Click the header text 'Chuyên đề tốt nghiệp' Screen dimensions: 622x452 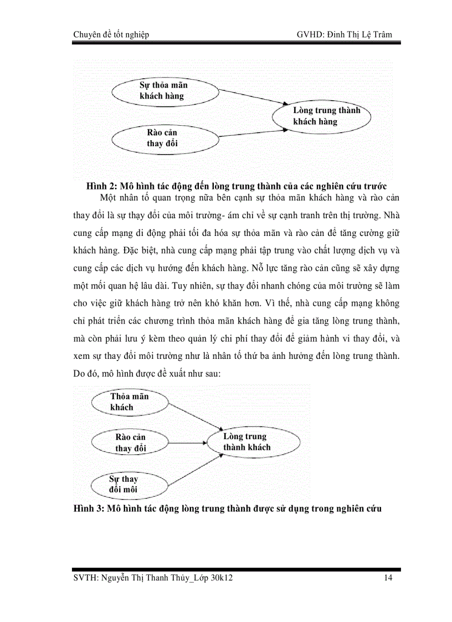[111, 35]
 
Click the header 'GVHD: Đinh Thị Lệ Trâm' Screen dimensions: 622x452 [344, 35]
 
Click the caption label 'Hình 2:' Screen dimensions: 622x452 [100, 186]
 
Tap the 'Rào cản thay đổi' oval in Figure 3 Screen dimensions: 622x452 [130, 443]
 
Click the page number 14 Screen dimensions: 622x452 [388, 578]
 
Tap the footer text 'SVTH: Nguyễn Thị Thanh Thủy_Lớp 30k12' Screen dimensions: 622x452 [157, 578]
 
